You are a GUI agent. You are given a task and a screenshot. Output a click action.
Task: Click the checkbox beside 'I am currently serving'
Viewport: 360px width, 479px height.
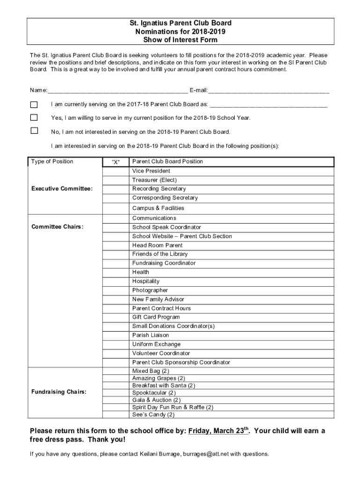click(x=34, y=104)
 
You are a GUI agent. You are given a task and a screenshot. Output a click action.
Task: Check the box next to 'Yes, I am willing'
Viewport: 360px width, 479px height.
click(x=34, y=117)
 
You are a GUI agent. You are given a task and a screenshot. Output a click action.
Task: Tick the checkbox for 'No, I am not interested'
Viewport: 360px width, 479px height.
click(x=34, y=131)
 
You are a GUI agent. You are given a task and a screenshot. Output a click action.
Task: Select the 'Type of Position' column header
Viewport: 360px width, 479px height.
click(x=52, y=161)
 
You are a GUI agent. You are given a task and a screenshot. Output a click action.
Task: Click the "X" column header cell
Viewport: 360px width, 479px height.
click(x=115, y=162)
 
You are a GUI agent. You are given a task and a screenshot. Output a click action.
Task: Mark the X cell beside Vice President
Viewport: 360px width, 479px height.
click(x=115, y=171)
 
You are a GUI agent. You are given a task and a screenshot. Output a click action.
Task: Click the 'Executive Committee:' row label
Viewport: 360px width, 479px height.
click(x=62, y=189)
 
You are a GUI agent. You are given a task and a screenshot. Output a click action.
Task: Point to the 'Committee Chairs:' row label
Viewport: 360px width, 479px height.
click(x=58, y=227)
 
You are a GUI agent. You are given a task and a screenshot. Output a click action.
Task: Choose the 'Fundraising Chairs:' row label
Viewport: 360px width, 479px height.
click(x=59, y=392)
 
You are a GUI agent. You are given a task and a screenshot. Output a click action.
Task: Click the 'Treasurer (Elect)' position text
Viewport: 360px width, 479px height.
click(x=154, y=180)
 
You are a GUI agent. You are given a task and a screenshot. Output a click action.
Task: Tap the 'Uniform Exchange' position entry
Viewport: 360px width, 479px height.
click(x=156, y=344)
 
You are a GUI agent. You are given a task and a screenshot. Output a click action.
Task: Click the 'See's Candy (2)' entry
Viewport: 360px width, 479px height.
click(x=153, y=414)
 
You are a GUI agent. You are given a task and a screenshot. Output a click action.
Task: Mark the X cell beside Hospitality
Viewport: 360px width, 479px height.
click(x=115, y=282)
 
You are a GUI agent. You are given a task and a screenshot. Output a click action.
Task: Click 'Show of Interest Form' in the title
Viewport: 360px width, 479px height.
click(x=180, y=40)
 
